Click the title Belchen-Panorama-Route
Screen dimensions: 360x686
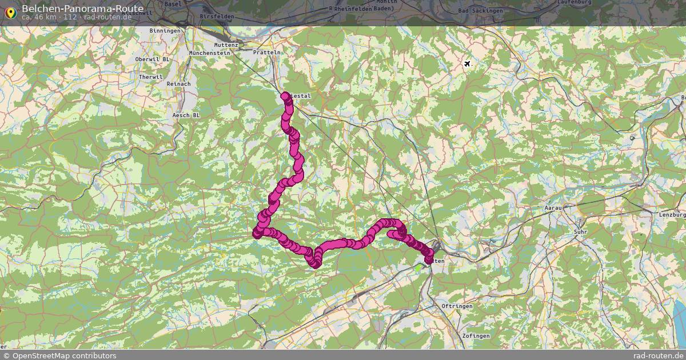tap(82, 8)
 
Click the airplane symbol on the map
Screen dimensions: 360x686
tap(468, 63)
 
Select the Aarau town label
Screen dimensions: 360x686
tap(553, 208)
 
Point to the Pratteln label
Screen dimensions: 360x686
tap(268, 53)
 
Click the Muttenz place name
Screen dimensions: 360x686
tap(225, 45)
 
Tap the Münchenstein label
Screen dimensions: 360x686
tap(209, 53)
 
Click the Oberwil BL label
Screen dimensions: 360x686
tap(153, 59)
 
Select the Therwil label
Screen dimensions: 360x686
tap(151, 77)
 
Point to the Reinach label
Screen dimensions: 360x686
tap(178, 84)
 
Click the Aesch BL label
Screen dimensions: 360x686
tap(186, 115)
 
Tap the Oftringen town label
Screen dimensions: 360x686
tap(457, 307)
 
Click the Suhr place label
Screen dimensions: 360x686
tap(580, 232)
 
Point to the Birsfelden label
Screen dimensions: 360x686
tap(217, 17)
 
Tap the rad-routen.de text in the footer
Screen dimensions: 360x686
tap(659, 356)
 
